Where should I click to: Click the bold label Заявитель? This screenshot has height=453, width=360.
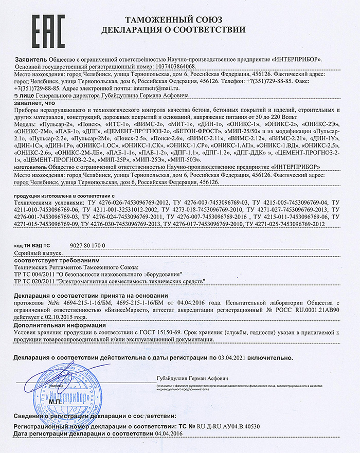click(x=30, y=59)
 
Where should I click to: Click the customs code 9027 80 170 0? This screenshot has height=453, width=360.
click(x=86, y=246)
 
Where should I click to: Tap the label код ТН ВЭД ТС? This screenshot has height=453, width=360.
click(x=33, y=246)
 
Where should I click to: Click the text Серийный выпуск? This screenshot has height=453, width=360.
click(x=39, y=253)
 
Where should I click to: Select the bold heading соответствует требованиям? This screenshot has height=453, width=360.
click(x=50, y=261)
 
